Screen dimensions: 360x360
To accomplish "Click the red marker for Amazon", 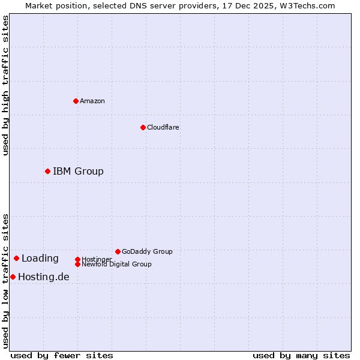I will (x=76, y=101).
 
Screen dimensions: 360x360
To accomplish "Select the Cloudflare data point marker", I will (x=143, y=127).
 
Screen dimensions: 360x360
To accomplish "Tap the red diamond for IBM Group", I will (x=47, y=171).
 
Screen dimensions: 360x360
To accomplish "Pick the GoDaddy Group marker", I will (x=118, y=251).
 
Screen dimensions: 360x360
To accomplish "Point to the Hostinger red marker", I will (x=77, y=259).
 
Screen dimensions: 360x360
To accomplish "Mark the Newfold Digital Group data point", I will (x=77, y=264).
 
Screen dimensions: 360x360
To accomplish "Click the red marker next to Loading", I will (x=16, y=258).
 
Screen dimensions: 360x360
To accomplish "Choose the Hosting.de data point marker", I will (x=13, y=277).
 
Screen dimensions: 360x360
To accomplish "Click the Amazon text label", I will (x=92, y=101).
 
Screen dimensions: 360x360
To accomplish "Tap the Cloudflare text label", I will (x=163, y=127).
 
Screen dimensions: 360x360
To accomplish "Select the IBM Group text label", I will (x=78, y=172).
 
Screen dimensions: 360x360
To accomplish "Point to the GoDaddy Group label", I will (x=147, y=251).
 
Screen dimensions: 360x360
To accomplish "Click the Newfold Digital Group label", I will (x=117, y=265).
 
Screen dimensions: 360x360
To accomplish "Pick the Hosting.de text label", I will (x=44, y=277).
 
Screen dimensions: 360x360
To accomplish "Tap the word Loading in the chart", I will (x=40, y=259).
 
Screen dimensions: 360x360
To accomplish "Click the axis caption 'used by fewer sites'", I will (x=62, y=355).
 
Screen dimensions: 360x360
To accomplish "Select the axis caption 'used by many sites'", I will (x=301, y=355).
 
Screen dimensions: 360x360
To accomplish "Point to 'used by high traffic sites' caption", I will (x=5, y=85).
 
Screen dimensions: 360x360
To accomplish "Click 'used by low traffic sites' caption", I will (x=5, y=281).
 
